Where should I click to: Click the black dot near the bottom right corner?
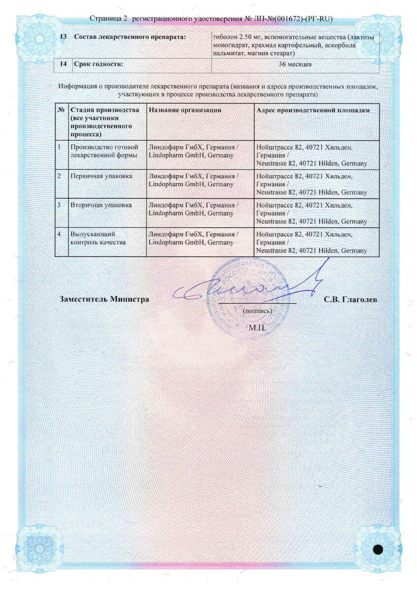click(378, 549)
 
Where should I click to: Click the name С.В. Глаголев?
click(351, 299)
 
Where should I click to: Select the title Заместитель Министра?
click(104, 299)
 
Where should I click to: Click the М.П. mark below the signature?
click(257, 327)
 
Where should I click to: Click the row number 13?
click(63, 38)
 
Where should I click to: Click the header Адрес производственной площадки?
click(313, 110)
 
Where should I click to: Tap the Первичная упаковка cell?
click(101, 176)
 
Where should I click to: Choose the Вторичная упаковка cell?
click(101, 205)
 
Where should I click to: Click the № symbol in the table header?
click(61, 110)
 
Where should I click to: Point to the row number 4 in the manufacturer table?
click(59, 235)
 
